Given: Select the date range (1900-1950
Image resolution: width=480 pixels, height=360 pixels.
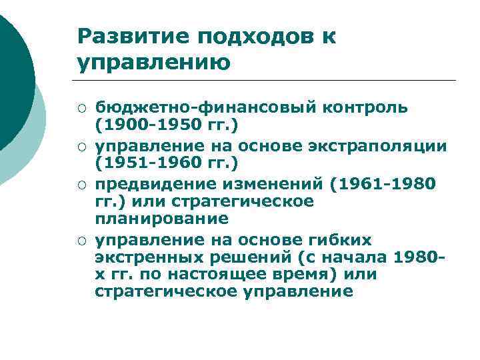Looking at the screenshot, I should point(143,125).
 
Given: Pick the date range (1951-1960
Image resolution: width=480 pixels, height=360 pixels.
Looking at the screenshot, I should point(143,163).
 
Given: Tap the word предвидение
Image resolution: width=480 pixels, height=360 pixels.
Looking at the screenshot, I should point(149,183).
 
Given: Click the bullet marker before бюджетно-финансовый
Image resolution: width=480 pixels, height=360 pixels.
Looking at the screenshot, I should point(81,108).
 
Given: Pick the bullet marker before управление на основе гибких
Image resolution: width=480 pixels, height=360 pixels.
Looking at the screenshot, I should point(81,240).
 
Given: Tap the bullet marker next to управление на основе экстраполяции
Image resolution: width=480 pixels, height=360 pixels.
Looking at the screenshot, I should point(81,145).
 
